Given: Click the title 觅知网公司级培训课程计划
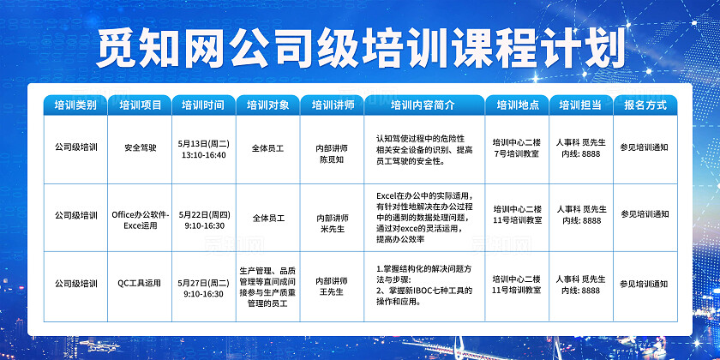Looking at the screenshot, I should point(360,46).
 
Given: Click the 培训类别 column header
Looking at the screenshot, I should point(75,105).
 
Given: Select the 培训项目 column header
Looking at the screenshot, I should point(141,105).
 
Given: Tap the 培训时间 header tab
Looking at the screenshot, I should point(203,105).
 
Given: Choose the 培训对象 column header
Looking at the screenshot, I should point(267,105).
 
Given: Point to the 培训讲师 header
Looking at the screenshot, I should point(331,105).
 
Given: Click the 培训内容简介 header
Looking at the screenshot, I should point(422,105).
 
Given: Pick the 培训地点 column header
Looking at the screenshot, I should point(517,105).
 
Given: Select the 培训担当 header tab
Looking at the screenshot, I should point(580,105).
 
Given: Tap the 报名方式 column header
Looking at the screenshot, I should point(645,105).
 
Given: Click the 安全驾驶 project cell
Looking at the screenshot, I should point(141,147).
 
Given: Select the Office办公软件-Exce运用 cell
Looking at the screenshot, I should point(141,219).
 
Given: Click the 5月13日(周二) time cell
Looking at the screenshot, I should point(203,147).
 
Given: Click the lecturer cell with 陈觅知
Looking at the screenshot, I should point(331,153).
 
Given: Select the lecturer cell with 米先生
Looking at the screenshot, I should point(331,225).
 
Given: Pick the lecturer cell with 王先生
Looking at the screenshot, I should point(331,287).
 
